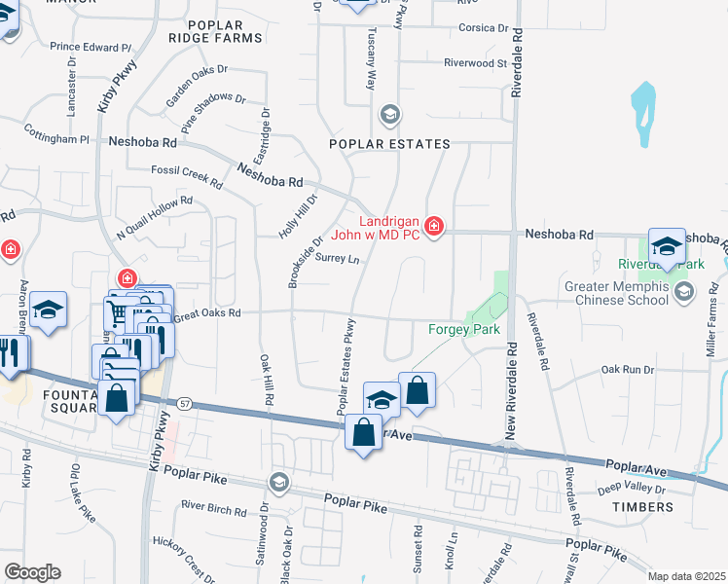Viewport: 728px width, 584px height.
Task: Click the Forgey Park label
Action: (x=464, y=329)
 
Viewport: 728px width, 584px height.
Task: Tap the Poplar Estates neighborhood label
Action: (x=389, y=144)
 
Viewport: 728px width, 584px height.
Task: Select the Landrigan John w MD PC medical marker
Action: (x=433, y=227)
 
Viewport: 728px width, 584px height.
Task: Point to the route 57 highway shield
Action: (x=183, y=402)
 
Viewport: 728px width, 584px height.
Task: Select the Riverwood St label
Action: (x=476, y=63)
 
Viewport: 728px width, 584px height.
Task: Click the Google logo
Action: (x=32, y=571)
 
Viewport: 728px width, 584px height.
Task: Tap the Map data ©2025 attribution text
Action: (x=685, y=576)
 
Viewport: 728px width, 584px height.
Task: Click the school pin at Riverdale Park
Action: (x=667, y=246)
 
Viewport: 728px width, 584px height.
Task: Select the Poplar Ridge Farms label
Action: (x=215, y=30)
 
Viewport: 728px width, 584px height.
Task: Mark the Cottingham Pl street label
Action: (x=56, y=139)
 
